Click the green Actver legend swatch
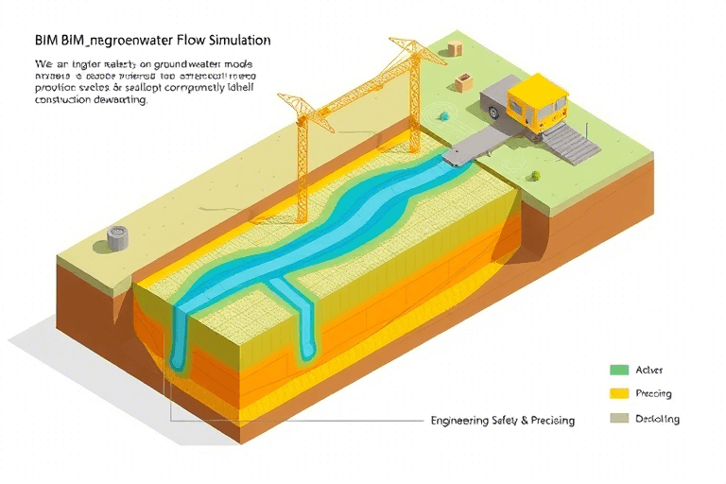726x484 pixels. [620, 370]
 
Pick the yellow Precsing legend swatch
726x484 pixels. [620, 393]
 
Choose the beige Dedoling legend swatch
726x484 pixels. [620, 418]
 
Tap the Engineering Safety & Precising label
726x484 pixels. [501, 420]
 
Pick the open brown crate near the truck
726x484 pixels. [462, 83]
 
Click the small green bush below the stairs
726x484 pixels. [535, 175]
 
